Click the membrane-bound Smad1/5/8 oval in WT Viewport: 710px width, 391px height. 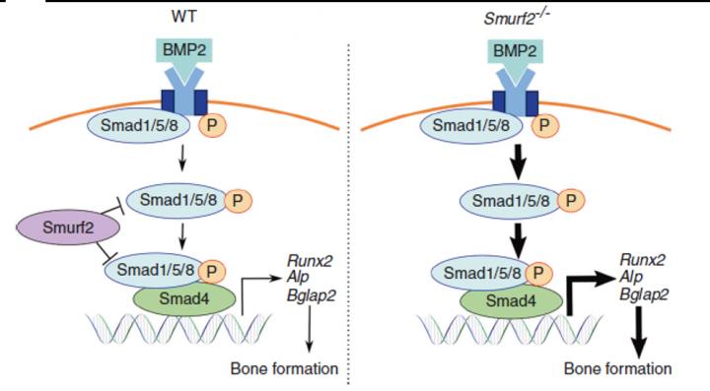pyautogui.click(x=139, y=125)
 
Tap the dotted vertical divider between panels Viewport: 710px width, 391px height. pyautogui.click(x=352, y=197)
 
